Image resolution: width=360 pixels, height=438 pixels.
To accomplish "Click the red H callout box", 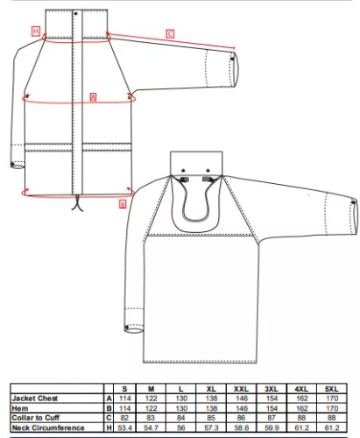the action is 36,32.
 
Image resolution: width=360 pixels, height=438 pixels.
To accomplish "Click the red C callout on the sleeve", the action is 170,34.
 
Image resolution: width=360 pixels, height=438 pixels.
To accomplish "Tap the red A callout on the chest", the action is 93,97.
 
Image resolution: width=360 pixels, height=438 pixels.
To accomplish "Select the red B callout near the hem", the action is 123,204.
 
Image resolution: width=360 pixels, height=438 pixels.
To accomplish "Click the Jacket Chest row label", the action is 35,399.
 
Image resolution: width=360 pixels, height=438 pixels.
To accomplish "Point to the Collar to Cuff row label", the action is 36,418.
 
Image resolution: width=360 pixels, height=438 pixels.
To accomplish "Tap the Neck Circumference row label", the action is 48,427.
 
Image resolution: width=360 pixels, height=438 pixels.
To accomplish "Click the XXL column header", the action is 241,389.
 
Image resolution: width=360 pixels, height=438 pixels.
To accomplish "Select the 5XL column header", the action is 332,389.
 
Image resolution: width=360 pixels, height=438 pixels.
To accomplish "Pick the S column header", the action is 124,389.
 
